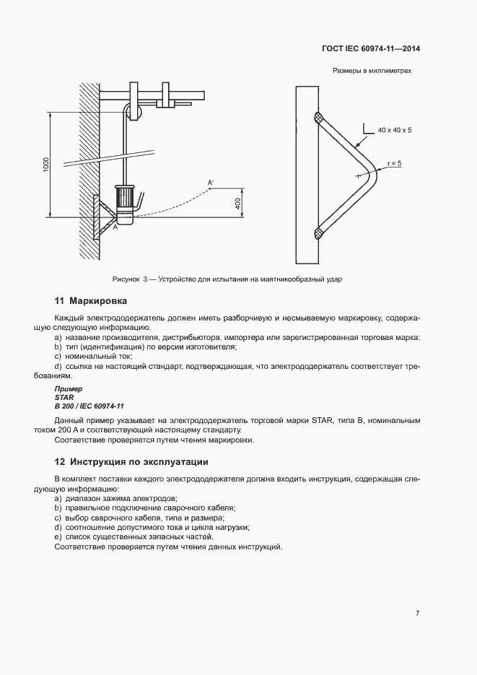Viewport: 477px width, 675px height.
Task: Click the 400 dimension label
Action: [x=237, y=203]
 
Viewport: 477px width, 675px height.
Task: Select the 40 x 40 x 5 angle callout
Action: [x=398, y=130]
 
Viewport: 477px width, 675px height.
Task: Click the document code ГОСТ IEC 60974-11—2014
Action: [x=370, y=49]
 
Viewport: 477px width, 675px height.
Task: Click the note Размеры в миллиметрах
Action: [x=372, y=71]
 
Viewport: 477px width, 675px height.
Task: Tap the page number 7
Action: [x=418, y=613]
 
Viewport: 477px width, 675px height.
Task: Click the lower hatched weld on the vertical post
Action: [x=319, y=232]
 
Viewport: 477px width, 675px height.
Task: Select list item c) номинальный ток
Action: [x=94, y=356]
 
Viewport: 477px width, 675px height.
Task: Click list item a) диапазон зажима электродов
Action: [x=115, y=499]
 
